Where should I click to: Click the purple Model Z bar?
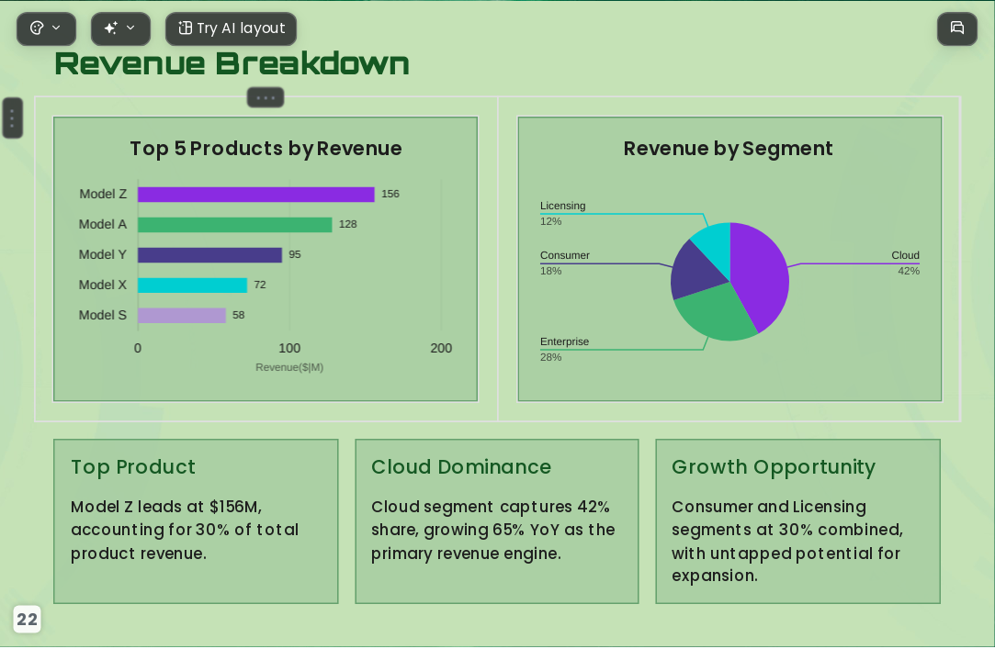[x=255, y=195]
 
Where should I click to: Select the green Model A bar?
[x=235, y=225]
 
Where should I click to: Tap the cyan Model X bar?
[x=192, y=285]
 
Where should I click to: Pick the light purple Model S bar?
[x=182, y=316]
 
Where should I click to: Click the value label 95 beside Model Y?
[x=295, y=255]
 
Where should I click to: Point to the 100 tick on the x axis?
[x=289, y=348]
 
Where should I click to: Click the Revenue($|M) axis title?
[x=289, y=367]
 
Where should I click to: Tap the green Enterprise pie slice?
[x=714, y=314]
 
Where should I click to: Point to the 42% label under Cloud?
[x=909, y=272]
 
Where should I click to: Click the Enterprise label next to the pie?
[x=565, y=341]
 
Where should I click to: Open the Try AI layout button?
[x=231, y=28]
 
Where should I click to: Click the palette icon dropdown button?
[x=46, y=28]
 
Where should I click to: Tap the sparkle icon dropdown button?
[x=120, y=28]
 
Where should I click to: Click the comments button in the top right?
[x=957, y=28]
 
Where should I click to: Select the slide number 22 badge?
[x=27, y=620]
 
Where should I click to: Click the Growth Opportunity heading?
[x=774, y=467]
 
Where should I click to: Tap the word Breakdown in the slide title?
[x=312, y=63]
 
